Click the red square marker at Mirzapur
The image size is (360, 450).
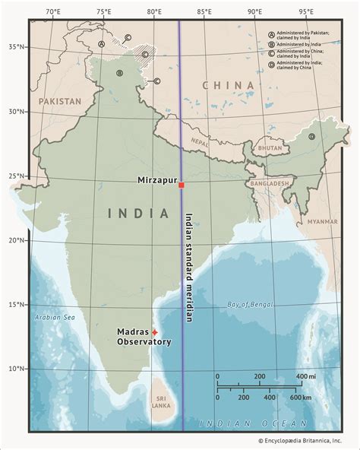[x=181, y=185]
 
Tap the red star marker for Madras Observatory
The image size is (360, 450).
[x=155, y=332]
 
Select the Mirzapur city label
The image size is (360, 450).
[x=156, y=180]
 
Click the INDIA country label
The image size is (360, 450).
[x=139, y=214]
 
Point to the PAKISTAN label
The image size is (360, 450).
[x=60, y=100]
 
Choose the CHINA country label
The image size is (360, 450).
[x=229, y=85]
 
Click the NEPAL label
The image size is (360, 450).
[x=199, y=141]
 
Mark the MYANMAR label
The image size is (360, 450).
[x=323, y=221]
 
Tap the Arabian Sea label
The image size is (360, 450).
[x=49, y=317]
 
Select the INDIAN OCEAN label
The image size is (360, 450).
[x=253, y=423]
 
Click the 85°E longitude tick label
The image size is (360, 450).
[x=204, y=11]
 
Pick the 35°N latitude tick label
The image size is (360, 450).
[x=17, y=46]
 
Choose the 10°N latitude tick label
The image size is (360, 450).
[x=17, y=369]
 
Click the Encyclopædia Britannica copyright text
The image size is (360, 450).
[x=299, y=440]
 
